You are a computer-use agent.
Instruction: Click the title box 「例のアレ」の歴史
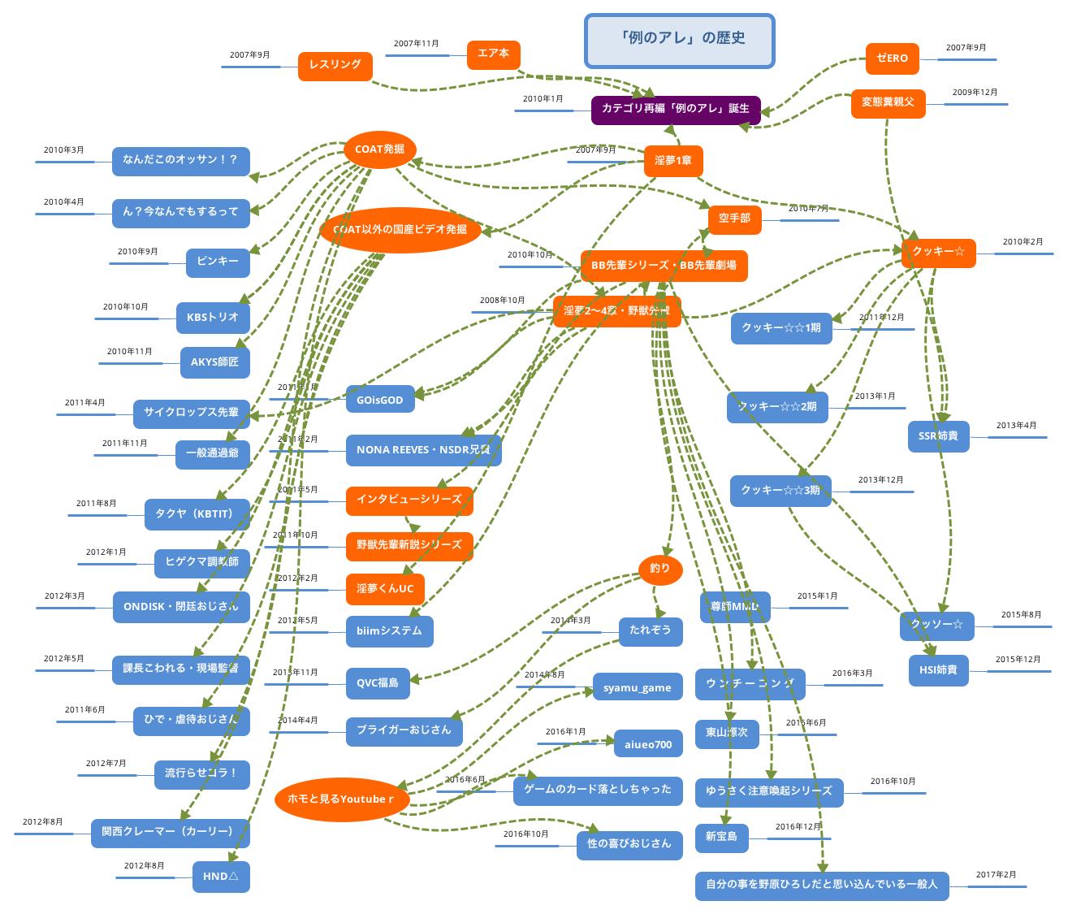pos(679,39)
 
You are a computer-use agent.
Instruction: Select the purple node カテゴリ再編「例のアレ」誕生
pos(676,109)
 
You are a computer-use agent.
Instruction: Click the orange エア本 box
pos(493,54)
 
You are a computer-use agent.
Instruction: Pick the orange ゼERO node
pos(892,58)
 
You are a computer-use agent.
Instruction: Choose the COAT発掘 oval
pos(379,150)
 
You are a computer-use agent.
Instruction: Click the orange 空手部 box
pos(734,219)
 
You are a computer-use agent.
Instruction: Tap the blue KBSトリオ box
pos(212,318)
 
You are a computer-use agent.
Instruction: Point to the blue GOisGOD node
pos(379,400)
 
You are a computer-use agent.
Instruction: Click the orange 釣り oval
pos(659,570)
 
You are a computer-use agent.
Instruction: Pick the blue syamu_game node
pos(637,688)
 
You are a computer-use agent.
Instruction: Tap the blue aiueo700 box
pos(648,744)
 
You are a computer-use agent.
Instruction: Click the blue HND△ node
pos(221,877)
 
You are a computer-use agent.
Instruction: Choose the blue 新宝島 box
pos(721,837)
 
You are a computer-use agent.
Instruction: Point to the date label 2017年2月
pos(996,875)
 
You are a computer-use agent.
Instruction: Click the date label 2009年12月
pos(975,93)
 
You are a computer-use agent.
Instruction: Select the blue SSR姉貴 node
pos(938,436)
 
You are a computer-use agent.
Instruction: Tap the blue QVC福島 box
pos(378,683)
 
